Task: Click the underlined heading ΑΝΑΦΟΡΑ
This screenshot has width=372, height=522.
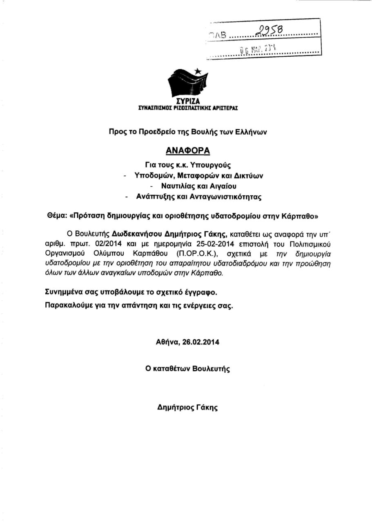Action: pos(188,150)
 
